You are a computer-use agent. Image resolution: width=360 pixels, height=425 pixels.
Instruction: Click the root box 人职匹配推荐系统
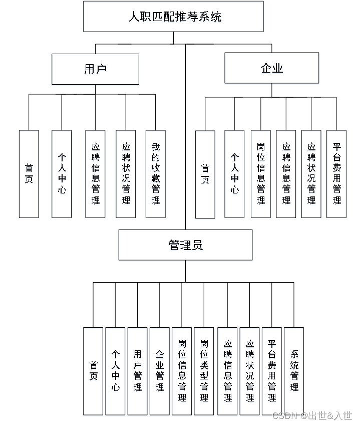(173, 17)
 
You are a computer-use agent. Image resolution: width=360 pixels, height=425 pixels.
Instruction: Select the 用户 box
(95, 69)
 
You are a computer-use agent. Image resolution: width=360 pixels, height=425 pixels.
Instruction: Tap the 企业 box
(271, 68)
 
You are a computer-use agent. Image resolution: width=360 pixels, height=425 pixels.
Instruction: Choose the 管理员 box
(185, 245)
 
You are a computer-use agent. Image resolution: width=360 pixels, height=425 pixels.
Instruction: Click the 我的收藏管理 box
(156, 174)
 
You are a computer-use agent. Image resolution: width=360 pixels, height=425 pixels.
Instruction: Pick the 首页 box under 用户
(29, 174)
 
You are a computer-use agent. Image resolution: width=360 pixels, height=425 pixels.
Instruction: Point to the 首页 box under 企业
(205, 174)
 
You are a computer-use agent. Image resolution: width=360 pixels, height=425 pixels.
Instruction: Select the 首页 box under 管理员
(93, 371)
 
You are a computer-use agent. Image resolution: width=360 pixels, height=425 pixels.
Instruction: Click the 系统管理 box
(294, 371)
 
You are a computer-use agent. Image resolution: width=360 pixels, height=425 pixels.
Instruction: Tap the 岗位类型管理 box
(204, 371)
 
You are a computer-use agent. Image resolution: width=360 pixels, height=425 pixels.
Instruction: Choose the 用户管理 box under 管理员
(137, 371)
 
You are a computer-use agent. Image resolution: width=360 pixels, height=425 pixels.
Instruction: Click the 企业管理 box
(160, 371)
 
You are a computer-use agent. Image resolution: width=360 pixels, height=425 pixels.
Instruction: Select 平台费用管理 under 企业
(336, 174)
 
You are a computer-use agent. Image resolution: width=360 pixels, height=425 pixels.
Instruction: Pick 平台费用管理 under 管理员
(272, 371)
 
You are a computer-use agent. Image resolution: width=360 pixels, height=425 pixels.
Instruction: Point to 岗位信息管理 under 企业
(260, 174)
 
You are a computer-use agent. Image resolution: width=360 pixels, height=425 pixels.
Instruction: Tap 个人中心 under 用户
(62, 174)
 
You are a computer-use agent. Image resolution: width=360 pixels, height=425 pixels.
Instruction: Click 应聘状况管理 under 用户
(126, 174)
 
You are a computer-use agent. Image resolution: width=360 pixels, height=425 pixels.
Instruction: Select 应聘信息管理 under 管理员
(227, 371)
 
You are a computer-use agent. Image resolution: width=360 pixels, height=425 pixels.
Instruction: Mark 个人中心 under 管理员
(115, 371)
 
